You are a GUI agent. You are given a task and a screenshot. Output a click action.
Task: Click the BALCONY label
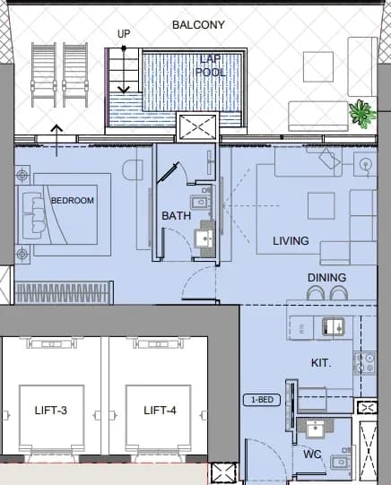coord(198,25)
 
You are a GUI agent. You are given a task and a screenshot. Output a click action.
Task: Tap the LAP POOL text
coord(211,65)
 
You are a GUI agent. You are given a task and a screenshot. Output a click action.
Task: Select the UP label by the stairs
coord(124,34)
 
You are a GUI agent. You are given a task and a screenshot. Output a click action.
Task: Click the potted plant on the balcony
coord(362,114)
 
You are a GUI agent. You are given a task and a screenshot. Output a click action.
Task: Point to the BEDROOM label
coord(73,201)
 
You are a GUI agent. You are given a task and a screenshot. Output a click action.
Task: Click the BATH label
coord(177,215)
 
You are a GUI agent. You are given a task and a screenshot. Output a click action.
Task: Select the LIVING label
coord(291,240)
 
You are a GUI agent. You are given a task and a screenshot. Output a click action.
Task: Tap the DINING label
coord(327,277)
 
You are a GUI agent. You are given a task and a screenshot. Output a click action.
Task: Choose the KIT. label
coord(321,362)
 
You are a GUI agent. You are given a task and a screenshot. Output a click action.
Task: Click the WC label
coord(312,455)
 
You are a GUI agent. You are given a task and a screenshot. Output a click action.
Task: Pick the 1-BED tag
coord(262,400)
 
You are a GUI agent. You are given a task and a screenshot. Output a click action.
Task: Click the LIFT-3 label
coord(51,411)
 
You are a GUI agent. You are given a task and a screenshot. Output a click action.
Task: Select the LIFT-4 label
coord(160,411)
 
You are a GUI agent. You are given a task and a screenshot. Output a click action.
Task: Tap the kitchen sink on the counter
coord(333,326)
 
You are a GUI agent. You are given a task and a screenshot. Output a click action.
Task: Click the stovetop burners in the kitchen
coord(365,363)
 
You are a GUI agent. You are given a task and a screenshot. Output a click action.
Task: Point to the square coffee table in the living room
coord(321,205)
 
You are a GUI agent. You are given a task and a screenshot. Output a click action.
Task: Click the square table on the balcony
coord(318,67)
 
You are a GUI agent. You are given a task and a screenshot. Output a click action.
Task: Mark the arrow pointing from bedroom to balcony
coord(56,141)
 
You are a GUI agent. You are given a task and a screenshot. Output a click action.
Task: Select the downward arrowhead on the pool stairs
coord(124,90)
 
